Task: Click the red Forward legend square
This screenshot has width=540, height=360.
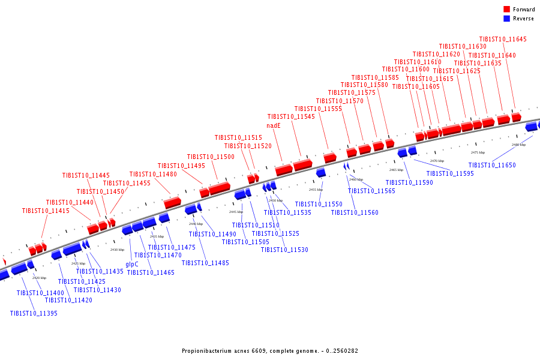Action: [507, 10]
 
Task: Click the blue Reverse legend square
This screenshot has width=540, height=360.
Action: [507, 19]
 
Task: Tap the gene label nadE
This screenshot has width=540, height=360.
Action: [274, 126]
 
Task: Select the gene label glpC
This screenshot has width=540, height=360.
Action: [132, 264]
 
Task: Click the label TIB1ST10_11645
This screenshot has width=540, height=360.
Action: [503, 39]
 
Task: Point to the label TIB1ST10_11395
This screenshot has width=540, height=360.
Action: [34, 313]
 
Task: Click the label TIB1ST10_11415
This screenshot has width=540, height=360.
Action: [46, 211]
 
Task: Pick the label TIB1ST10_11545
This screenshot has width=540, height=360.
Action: [291, 116]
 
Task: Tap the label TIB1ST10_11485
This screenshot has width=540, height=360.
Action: [205, 263]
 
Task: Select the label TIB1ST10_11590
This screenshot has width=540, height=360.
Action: [409, 182]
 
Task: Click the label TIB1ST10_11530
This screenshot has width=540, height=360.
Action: [284, 250]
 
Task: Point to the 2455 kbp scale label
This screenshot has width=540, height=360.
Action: [316, 190]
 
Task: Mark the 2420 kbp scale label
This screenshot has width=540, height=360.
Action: [39, 278]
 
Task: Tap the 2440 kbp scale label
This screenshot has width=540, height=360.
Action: [196, 224]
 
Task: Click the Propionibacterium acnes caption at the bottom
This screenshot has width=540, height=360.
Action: [270, 350]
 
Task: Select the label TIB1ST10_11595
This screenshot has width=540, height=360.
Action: [450, 173]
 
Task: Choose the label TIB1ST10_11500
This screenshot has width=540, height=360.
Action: [211, 157]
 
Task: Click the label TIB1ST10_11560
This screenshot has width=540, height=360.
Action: [355, 212]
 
